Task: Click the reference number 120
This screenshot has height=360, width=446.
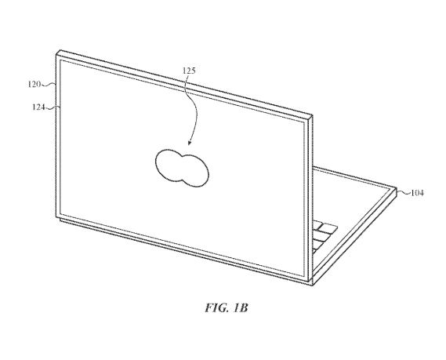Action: point(34,84)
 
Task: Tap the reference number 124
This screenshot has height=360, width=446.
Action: point(38,107)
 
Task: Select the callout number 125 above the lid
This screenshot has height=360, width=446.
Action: point(189,71)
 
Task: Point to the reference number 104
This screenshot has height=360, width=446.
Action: point(417,193)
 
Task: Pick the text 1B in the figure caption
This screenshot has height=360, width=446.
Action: point(241,307)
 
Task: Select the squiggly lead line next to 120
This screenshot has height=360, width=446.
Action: point(48,84)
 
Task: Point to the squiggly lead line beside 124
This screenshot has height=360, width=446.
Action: point(53,107)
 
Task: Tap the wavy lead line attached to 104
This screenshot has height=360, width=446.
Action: point(404,193)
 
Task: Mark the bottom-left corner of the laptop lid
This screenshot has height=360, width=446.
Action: point(56,217)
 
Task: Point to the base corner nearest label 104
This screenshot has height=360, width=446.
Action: point(396,188)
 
